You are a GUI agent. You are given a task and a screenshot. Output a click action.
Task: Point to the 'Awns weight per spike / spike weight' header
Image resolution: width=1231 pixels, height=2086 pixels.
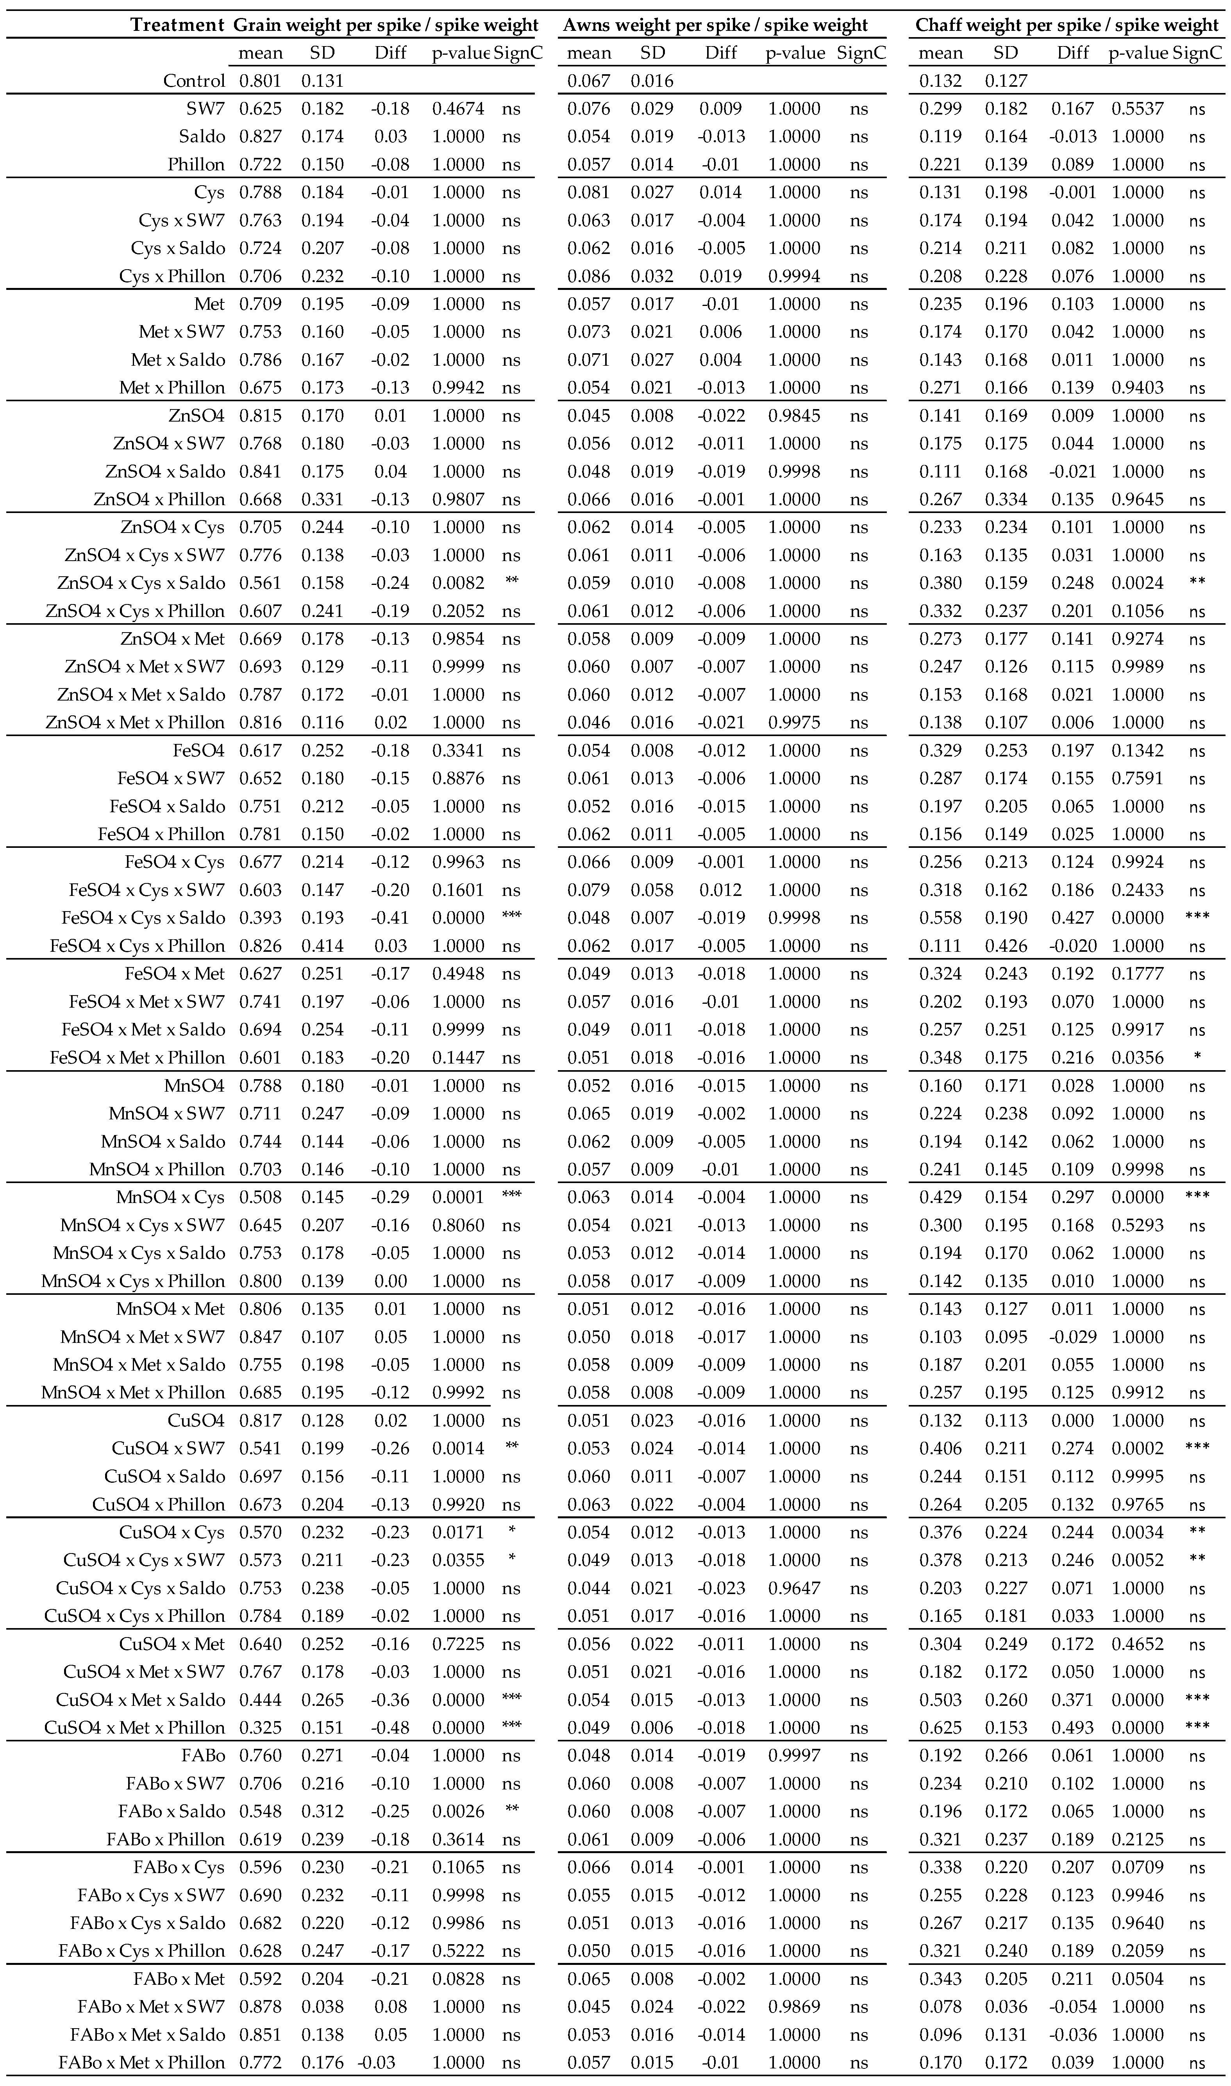pos(715,25)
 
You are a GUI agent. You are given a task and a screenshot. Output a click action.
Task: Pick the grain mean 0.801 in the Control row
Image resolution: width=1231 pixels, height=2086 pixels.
pos(261,80)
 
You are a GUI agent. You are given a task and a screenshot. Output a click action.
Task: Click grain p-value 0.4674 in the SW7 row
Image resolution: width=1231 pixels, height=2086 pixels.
pos(458,109)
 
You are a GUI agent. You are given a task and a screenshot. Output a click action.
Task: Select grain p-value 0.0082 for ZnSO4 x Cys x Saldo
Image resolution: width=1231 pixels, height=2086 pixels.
pos(458,583)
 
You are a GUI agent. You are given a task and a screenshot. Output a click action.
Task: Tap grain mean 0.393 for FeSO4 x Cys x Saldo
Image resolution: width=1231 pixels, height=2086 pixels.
pos(261,917)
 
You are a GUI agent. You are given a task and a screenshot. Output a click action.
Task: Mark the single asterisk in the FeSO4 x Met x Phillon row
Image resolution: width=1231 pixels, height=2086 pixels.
pos(1196,1058)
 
